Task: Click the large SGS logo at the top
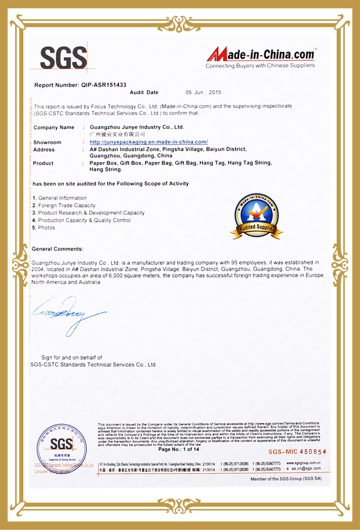pos(64,58)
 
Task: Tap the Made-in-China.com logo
pos(261,57)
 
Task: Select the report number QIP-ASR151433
pos(104,85)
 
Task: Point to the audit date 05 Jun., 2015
pos(203,92)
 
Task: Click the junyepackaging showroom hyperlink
pos(148,142)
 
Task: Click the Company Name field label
pos(54,127)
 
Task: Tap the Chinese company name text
pos(117,134)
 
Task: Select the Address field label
pos(44,150)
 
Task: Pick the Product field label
pos(43,163)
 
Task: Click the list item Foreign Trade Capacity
pos(67,206)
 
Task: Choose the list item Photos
pos(46,228)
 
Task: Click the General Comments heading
pos(57,249)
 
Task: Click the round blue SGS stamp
pos(61,449)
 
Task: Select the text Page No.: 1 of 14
pos(179,449)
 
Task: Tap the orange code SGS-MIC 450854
pos(297,452)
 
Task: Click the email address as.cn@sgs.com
pos(306,469)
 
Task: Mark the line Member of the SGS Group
pos(286,479)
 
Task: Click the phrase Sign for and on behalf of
pos(72,358)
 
